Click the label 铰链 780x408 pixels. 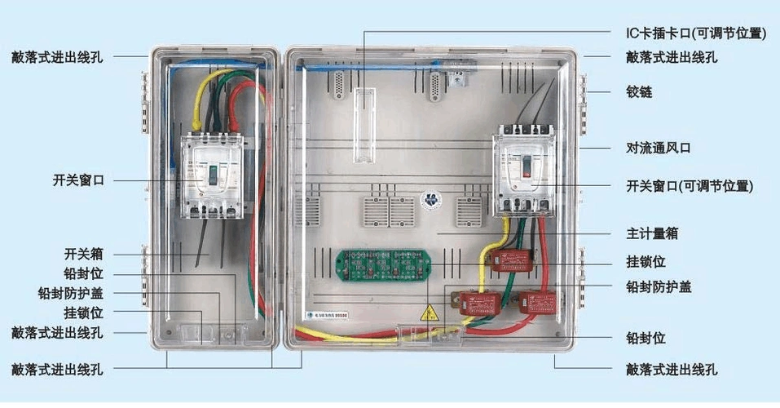(x=639, y=92)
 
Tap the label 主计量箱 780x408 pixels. (x=652, y=233)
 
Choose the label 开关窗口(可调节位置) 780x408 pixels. (x=690, y=186)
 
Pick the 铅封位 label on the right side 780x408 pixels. (x=646, y=337)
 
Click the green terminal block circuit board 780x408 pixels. (x=383, y=264)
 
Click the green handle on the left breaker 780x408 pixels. (x=211, y=174)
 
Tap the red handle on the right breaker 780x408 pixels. (x=527, y=168)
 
